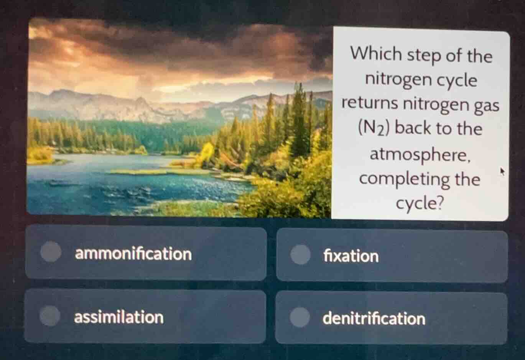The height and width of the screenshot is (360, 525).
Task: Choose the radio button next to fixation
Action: click(300, 254)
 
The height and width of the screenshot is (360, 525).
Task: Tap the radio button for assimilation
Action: click(50, 316)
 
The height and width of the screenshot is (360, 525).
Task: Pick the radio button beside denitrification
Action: click(300, 317)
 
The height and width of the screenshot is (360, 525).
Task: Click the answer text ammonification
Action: click(133, 254)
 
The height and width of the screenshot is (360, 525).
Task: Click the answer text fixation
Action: click(351, 256)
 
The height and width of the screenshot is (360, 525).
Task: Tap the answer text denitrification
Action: click(374, 319)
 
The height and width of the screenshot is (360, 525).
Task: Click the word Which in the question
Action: click(376, 54)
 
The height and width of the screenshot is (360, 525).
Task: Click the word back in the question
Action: click(413, 128)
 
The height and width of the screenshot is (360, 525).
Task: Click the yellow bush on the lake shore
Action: click(207, 151)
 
